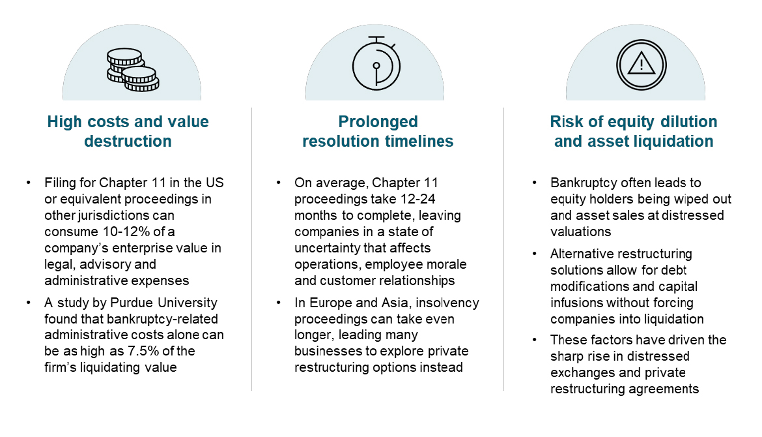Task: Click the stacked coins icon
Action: [133, 70]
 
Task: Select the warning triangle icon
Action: [641, 65]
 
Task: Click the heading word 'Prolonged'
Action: [378, 121]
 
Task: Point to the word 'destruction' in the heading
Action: [128, 141]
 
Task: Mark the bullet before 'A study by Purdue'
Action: [29, 303]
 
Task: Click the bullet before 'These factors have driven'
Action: [535, 340]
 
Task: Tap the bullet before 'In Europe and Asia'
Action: [279, 303]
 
